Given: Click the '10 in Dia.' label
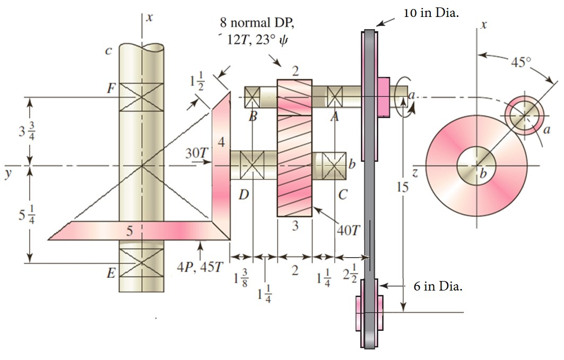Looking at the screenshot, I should coord(431,13).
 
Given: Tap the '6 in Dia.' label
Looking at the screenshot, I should coord(438,287).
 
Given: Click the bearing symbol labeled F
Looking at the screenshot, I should coord(141,96).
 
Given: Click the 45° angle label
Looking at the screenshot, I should coord(520,62).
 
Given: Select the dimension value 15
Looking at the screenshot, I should coord(404,186).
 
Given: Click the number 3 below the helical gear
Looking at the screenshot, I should coord(295,226).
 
